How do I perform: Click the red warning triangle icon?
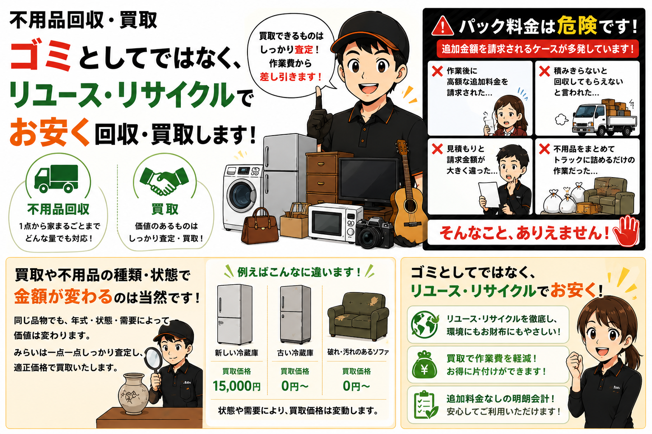tap(442, 26)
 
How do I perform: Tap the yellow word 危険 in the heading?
tap(577, 25)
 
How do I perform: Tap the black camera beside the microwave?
tap(374, 233)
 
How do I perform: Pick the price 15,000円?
tap(236, 386)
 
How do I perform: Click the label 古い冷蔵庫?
tap(295, 353)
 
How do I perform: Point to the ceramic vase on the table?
tap(134, 394)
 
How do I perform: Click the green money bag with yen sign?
tap(424, 365)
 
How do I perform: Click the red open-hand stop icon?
tap(626, 231)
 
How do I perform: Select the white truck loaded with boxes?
tap(604, 118)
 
